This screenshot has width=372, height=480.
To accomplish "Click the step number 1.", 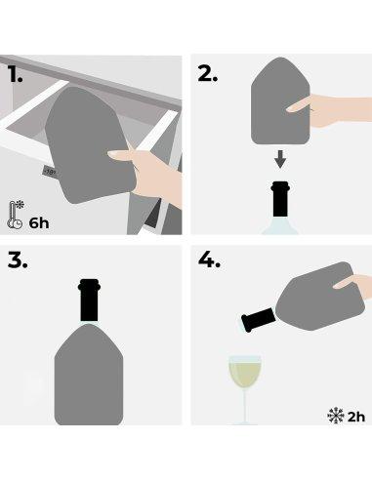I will click(x=16, y=73).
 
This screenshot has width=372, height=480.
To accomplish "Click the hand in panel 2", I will click(x=337, y=105).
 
